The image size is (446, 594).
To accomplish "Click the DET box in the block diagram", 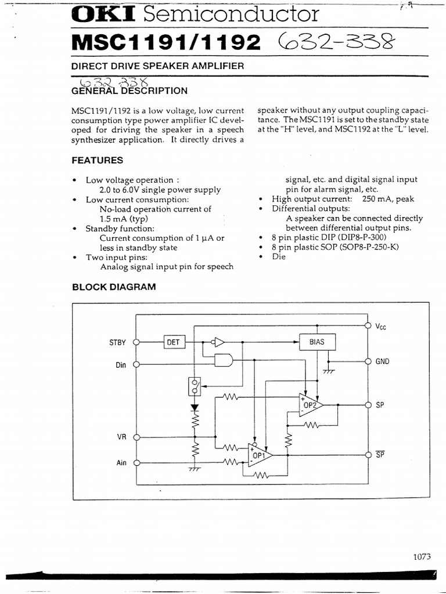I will point(174,342).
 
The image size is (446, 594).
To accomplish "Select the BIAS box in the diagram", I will point(317,342).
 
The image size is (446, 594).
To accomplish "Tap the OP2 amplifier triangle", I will point(310,405).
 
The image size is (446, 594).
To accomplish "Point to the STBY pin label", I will point(117,343).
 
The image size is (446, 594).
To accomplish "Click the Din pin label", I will point(120,365).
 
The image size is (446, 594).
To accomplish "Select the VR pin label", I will point(121,437).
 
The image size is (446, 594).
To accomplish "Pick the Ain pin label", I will point(121,463).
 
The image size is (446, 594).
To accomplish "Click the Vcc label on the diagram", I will point(380,327).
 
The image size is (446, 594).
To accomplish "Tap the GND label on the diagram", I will point(382,361).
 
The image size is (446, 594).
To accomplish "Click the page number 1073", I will point(422,556).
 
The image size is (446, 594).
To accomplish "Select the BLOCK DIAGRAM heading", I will point(113,287).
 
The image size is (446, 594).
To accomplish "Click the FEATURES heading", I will point(97,160).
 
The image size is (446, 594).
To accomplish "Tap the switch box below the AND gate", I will point(195,385).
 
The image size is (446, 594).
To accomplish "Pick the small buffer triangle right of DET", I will point(218,342).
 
